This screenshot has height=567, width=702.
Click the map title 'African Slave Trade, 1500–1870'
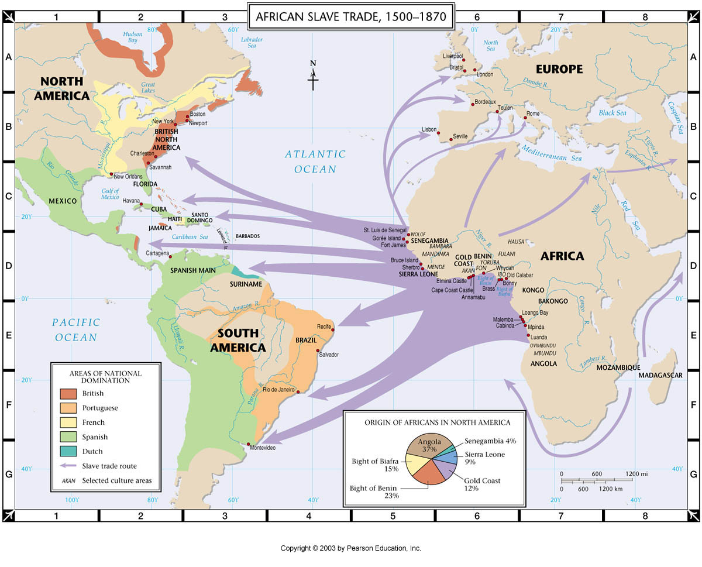pyautogui.click(x=351, y=17)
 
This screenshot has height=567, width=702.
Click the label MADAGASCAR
pyautogui.click(x=660, y=375)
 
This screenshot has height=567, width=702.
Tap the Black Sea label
pyautogui.click(x=612, y=113)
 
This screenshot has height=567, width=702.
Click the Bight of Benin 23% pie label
pyautogui.click(x=374, y=492)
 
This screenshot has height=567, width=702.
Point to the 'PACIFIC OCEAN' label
pyautogui.click(x=76, y=329)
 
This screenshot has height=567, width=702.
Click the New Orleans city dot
pyautogui.click(x=111, y=174)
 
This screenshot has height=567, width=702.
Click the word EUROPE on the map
pyautogui.click(x=559, y=69)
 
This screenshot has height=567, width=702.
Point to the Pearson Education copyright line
pyautogui.click(x=350, y=548)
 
